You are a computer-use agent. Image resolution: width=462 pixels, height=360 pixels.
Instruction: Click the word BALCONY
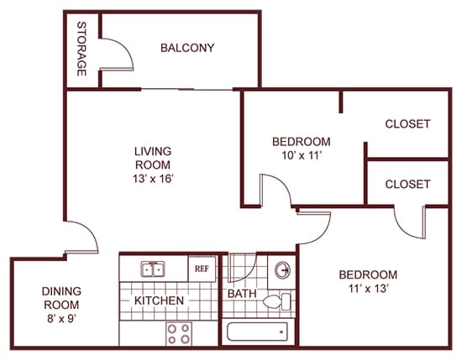pos(187,48)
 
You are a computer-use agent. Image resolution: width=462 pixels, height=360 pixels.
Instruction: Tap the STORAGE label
pos(81,49)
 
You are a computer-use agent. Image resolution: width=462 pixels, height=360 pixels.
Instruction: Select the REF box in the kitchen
pos(202,269)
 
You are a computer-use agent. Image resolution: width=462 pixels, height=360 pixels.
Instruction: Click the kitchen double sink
pos(153,269)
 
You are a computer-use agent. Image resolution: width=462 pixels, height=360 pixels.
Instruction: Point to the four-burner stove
pos(179,333)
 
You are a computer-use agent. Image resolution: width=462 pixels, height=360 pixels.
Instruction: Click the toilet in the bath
pos(276,301)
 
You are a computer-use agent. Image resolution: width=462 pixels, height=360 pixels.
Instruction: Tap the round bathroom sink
pos(282,270)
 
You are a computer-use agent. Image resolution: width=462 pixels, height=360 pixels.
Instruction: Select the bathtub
pos(257,331)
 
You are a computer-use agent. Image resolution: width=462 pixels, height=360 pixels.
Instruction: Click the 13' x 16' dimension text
pos(152,179)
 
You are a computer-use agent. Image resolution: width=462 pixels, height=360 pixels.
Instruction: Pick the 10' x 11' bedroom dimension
pos(301,155)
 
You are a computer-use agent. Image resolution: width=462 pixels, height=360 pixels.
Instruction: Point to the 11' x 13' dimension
pos(368,289)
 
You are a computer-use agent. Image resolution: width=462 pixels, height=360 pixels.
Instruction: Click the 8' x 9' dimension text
pos(61,318)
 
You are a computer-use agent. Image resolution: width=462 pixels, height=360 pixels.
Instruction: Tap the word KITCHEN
pos(159,300)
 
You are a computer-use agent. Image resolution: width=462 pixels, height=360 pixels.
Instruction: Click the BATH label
pos(242,294)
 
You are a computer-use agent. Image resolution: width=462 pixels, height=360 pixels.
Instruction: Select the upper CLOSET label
pos(407,124)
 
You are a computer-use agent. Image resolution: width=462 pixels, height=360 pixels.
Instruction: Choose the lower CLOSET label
pos(407,185)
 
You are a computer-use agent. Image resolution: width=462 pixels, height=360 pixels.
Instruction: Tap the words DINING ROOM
pos(61,298)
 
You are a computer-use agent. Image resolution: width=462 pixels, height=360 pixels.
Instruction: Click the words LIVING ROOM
pos(153,158)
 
